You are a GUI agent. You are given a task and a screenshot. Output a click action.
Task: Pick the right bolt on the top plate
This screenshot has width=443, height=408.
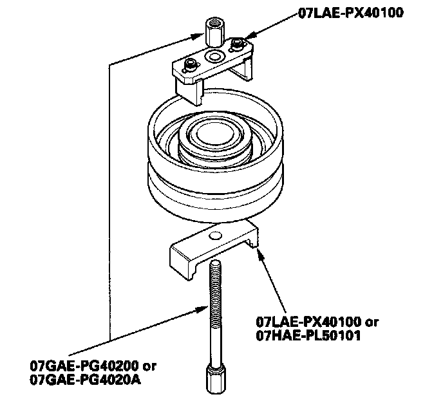point(239,44)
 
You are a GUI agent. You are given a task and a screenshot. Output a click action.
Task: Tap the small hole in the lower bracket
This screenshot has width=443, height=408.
point(216,234)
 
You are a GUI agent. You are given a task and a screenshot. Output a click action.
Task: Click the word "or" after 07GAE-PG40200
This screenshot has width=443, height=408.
point(149,367)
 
